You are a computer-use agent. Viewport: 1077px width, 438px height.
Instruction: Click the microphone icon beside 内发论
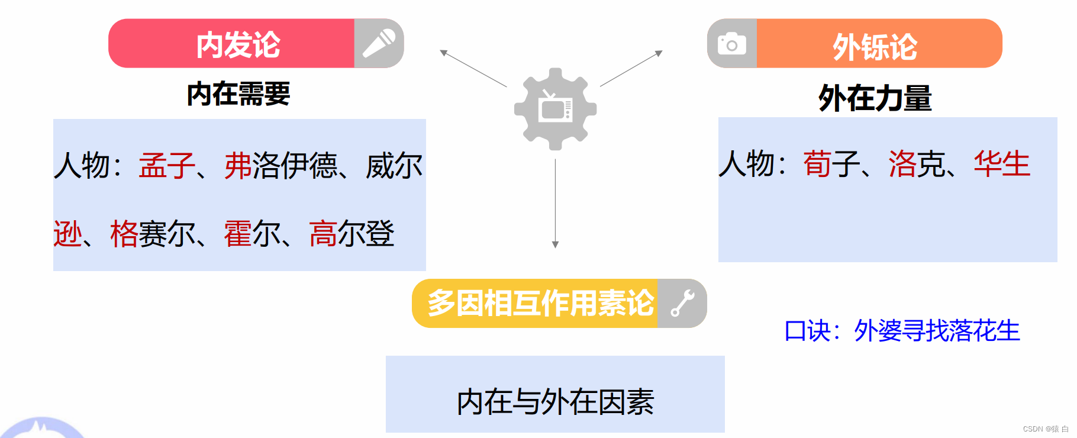(379, 43)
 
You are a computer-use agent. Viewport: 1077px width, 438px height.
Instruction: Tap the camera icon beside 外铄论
(732, 44)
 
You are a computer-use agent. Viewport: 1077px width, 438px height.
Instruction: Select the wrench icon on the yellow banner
(682, 304)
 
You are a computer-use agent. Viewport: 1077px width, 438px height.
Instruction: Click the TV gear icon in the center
(555, 109)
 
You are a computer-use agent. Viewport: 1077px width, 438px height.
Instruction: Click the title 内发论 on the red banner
(238, 44)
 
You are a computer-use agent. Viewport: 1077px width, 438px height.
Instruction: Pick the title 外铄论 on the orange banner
(875, 47)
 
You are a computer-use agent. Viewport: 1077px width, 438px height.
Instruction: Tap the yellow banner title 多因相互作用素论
(540, 303)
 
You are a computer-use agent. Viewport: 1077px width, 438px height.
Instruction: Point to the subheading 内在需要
(238, 94)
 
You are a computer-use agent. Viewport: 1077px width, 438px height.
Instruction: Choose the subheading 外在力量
(875, 98)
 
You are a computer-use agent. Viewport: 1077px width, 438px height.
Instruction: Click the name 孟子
(167, 166)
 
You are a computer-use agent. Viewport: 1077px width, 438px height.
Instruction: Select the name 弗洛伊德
(280, 166)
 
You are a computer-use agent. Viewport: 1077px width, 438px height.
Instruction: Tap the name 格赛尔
(153, 234)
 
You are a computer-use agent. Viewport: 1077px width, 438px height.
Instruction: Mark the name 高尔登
(352, 234)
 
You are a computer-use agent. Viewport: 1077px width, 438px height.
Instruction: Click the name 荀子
(831, 164)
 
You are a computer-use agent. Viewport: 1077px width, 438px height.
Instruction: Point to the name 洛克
(916, 164)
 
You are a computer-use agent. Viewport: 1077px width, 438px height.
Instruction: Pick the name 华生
(1002, 164)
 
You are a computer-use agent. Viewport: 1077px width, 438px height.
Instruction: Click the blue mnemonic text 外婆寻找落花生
(937, 331)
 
